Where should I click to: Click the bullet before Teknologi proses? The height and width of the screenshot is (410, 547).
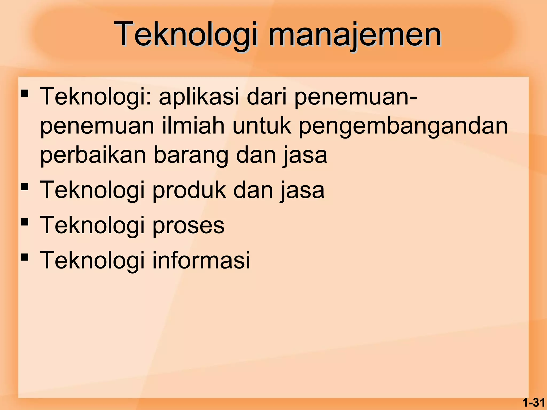(25, 222)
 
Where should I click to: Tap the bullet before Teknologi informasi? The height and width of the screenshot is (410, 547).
(25, 257)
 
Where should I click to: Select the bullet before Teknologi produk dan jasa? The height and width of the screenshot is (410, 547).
(25, 186)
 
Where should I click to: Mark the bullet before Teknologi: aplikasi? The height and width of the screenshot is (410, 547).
(25, 93)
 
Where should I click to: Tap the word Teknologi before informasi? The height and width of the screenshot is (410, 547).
(92, 261)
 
